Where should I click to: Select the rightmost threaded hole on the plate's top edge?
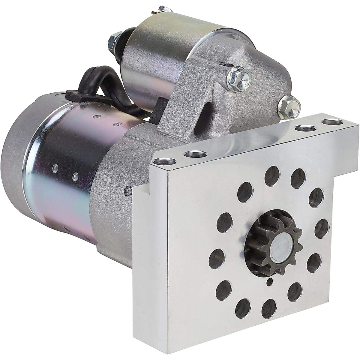point(331,122)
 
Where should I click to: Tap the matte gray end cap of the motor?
point(13,168)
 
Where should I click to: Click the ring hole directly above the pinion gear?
point(272,175)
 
